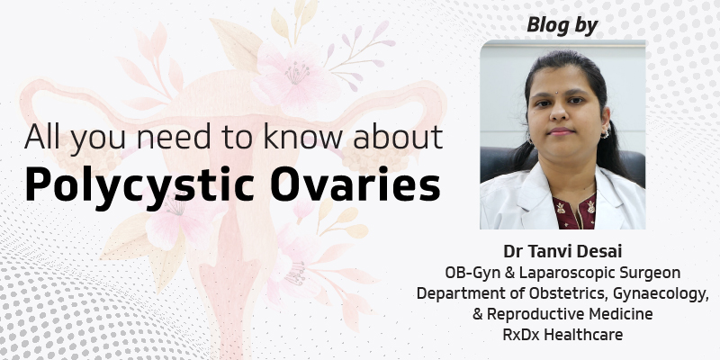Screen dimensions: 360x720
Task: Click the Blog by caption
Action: point(562,26)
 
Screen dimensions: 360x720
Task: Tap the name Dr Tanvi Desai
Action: point(562,251)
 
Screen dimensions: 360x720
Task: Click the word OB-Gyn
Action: point(471,272)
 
